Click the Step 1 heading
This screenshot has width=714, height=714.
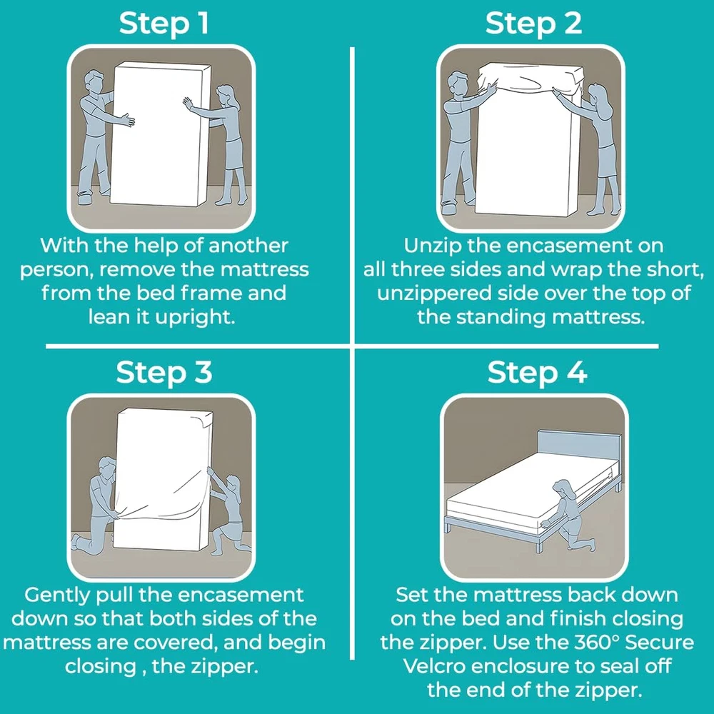(164, 24)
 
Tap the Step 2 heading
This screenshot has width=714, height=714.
(533, 24)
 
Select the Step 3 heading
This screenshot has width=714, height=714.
(164, 372)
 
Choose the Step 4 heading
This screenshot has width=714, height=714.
(537, 372)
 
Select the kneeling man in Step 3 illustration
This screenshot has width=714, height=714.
(98, 508)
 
